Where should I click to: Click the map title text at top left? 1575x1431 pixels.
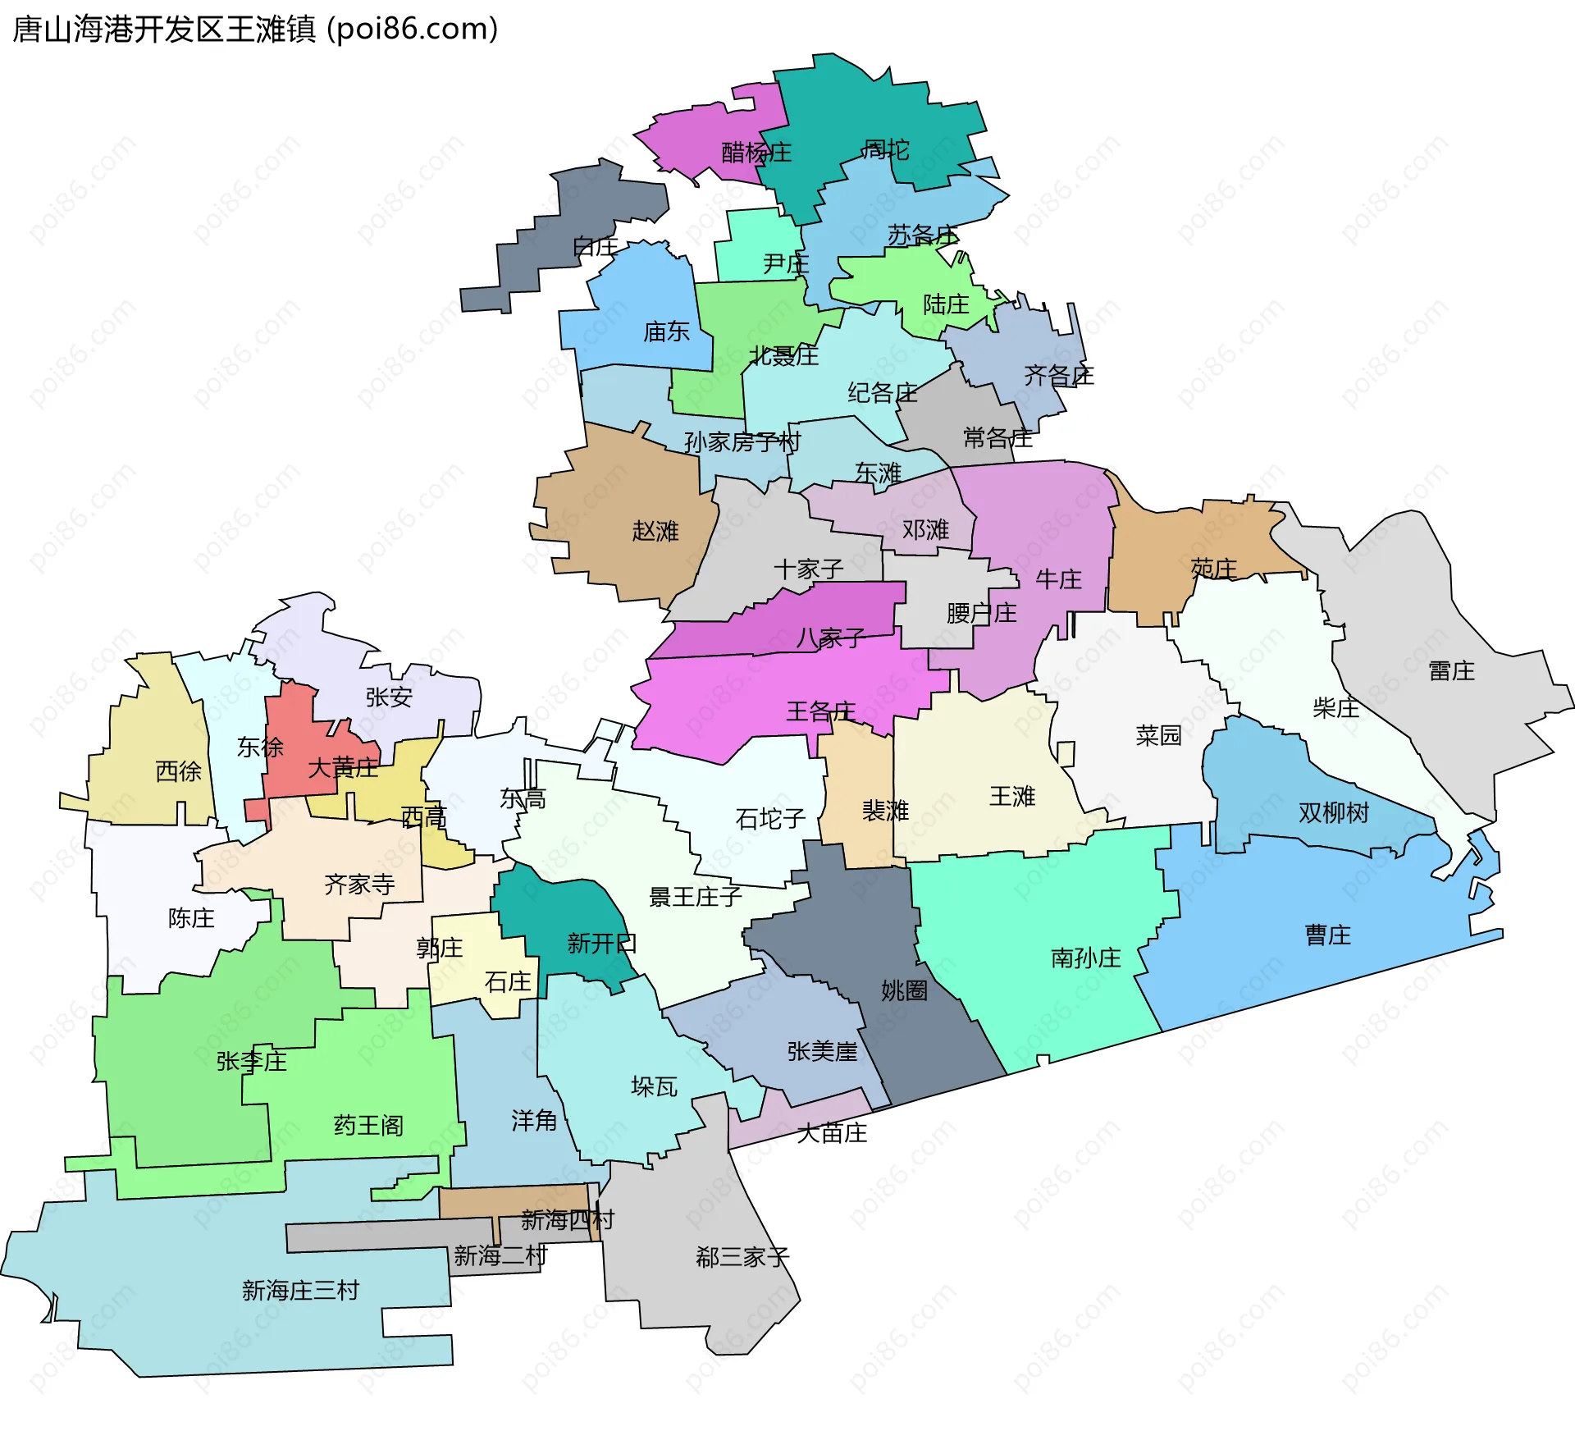point(255,30)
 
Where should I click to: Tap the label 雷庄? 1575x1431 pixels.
point(1451,671)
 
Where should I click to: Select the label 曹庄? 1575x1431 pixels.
point(1327,935)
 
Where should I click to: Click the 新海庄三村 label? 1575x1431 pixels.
point(300,1291)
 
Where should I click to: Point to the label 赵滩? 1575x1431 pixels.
point(655,531)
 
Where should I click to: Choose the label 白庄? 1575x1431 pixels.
point(596,246)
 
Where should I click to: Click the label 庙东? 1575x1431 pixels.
point(666,331)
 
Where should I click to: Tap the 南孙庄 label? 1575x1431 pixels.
point(1085,958)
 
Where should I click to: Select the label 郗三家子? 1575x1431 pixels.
point(742,1257)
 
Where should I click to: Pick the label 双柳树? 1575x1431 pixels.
point(1334,812)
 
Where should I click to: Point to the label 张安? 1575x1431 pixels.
point(389,697)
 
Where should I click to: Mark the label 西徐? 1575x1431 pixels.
point(178,771)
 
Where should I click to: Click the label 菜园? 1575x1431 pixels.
point(1158,734)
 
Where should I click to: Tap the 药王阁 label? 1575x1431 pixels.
point(368,1125)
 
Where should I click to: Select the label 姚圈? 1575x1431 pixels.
point(904,990)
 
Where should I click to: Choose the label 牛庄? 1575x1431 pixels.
point(1058,579)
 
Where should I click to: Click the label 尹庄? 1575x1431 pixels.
point(785,263)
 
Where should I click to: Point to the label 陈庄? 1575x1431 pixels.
point(191,918)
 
